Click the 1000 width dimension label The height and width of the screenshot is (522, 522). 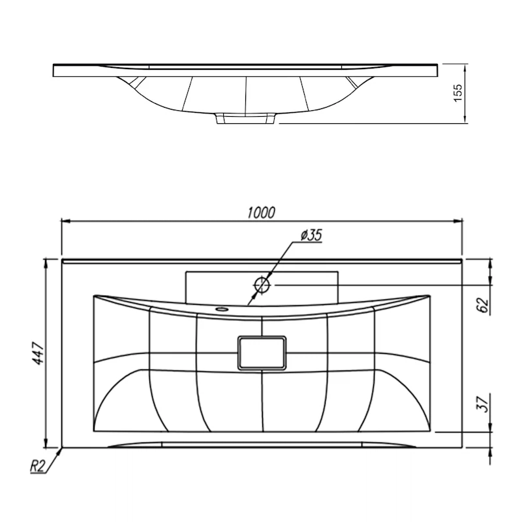[x=262, y=213]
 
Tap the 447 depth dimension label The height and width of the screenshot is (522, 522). [x=39, y=353]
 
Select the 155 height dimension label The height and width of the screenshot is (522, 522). [x=458, y=93]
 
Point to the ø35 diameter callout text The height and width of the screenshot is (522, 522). [x=311, y=235]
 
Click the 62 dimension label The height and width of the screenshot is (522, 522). [x=484, y=305]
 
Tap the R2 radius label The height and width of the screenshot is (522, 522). [x=37, y=466]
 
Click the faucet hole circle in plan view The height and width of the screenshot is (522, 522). [x=262, y=285]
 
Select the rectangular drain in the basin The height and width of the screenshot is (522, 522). [x=262, y=352]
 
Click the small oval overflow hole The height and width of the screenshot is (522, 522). [x=221, y=309]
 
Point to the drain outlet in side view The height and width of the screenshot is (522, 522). [x=246, y=118]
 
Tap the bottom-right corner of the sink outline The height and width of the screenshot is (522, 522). [x=463, y=448]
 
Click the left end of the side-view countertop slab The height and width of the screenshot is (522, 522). [x=54, y=70]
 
